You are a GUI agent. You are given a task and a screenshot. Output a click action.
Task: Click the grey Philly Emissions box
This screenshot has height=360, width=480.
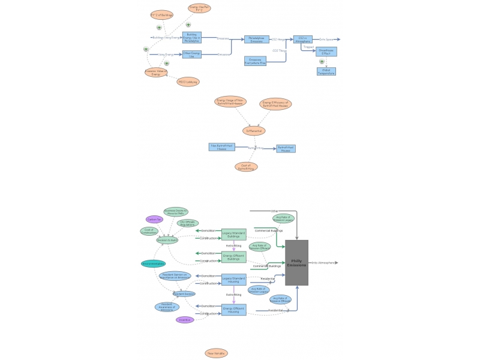pos(296,263)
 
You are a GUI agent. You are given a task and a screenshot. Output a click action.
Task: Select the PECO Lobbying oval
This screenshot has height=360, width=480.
pos(187,82)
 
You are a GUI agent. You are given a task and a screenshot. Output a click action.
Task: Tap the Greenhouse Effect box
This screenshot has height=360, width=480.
pos(326,52)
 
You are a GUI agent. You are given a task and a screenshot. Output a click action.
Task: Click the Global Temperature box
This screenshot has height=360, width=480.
pos(326,71)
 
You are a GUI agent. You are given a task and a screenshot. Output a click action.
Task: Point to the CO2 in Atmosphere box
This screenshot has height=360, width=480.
pos(303,39)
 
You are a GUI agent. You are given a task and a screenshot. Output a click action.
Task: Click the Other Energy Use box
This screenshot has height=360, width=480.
pos(192,55)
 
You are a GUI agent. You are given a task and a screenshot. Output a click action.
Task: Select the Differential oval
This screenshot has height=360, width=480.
pos(254,131)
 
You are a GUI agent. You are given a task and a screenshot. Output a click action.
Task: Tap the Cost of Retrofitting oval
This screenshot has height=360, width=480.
pos(246,167)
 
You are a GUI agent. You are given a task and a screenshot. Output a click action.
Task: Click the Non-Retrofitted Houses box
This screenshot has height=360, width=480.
pos(221,146)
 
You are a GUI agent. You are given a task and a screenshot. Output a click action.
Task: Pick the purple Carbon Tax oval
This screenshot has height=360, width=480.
pos(154,220)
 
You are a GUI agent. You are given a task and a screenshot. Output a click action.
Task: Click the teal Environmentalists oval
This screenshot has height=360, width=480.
pos(153,263)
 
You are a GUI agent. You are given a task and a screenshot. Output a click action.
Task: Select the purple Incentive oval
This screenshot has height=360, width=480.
pos(185,320)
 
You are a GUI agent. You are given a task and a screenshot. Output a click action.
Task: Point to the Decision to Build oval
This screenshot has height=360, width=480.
pos(167,240)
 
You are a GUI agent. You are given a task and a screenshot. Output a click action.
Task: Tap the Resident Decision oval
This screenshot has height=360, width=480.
pos(184,294)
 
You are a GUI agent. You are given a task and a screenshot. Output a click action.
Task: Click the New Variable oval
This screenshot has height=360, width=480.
pos(216,353)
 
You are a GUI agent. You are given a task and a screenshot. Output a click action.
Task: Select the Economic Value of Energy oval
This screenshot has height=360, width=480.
pos(155,72)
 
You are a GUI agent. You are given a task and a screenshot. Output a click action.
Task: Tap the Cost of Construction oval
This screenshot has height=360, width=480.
pos(149,231)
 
